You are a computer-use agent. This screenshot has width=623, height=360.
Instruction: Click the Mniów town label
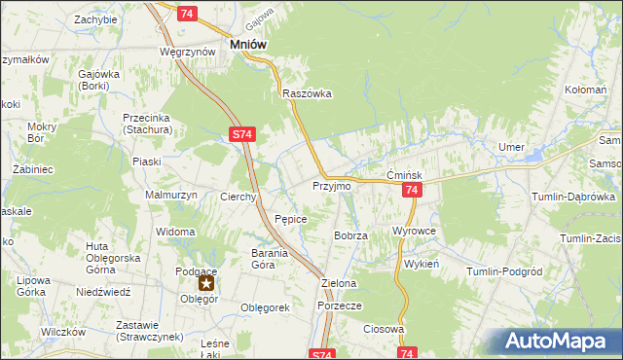click(248, 44)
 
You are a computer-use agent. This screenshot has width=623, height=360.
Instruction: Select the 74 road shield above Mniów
click(188, 13)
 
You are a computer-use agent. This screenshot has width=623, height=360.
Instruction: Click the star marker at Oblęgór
click(206, 284)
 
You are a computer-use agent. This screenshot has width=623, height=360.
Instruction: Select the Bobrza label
click(349, 235)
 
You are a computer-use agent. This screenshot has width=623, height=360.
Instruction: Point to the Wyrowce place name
click(413, 231)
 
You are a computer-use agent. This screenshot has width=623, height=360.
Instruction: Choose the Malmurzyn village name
click(171, 195)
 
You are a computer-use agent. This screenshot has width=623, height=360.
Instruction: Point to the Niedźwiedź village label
click(102, 291)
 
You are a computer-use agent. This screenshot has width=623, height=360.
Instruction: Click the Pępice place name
click(291, 220)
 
